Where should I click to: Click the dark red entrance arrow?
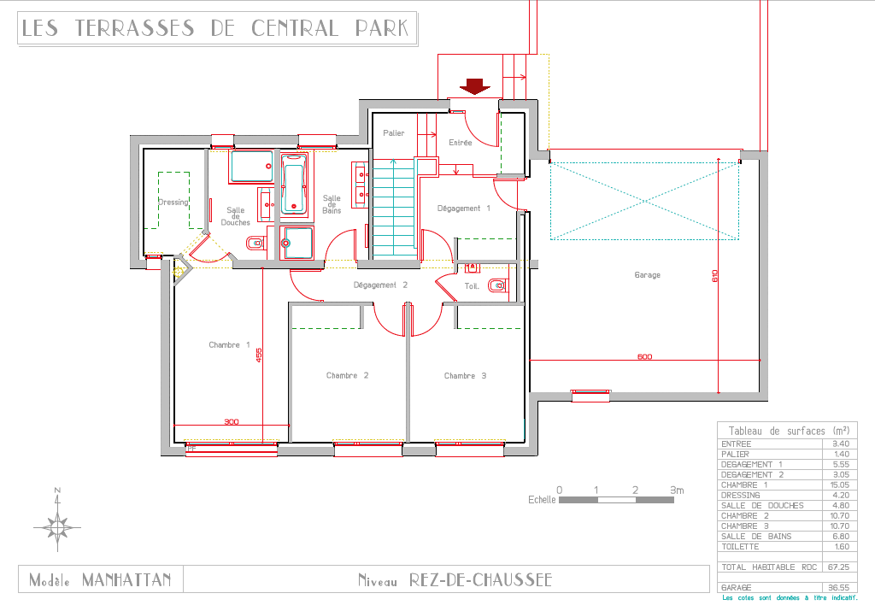[x=475, y=86]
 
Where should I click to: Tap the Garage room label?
[x=648, y=275]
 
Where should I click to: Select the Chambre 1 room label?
[x=229, y=345]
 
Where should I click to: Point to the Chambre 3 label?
[x=466, y=375]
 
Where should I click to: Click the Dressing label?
[x=173, y=202]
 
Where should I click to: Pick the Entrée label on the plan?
[x=461, y=143]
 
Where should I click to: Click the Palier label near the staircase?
[x=393, y=132]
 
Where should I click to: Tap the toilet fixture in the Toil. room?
[x=497, y=285]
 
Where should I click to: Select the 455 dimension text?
[x=259, y=355]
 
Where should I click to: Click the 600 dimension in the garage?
[x=644, y=356]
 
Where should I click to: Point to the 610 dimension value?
[x=715, y=276]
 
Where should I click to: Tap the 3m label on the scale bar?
[x=677, y=490]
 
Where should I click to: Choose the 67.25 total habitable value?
[x=839, y=567]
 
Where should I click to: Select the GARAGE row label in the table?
[x=736, y=588]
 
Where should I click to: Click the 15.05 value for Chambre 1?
[x=840, y=485]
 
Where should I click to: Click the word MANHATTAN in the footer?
[x=126, y=580]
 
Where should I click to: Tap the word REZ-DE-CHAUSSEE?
[x=480, y=580]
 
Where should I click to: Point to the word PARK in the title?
[x=382, y=28]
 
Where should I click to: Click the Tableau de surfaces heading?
[x=789, y=431]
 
